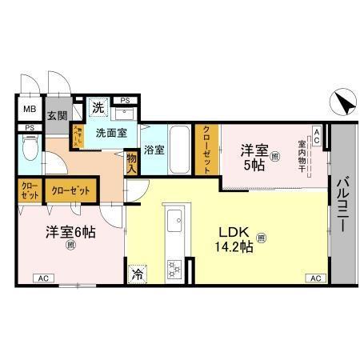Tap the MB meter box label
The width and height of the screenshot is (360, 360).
[29, 110]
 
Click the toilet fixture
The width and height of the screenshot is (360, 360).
[30, 148]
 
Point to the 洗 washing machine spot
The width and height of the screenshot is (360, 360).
[98, 106]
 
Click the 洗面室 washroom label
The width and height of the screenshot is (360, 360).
[111, 133]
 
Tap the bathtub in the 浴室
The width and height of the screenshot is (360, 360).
[180, 150]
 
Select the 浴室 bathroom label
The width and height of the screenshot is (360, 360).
[154, 150]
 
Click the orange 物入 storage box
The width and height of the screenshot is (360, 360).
[132, 162]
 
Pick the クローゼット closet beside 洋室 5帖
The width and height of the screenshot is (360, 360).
[206, 150]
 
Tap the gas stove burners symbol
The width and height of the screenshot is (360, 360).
[174, 267]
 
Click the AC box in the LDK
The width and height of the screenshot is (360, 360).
[314, 278]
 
